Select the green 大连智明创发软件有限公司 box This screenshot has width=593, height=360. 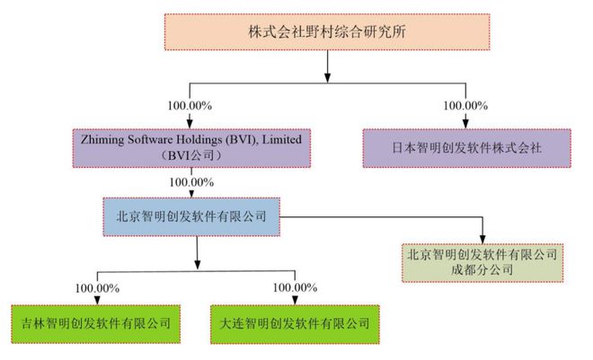point(295,320)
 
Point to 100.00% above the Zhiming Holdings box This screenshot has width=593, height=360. point(190,106)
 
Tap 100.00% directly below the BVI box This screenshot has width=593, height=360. point(190,182)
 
